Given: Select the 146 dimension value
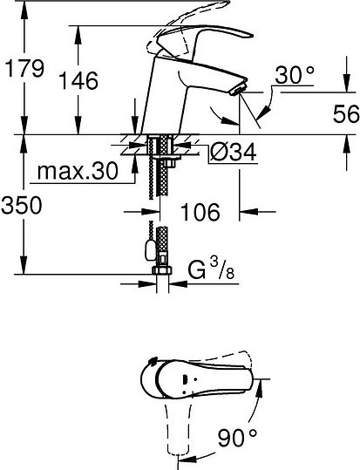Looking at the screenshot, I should (79, 82).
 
